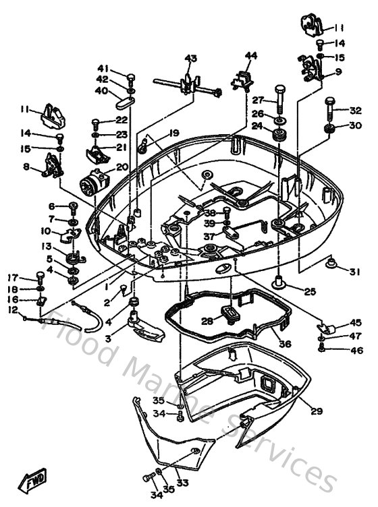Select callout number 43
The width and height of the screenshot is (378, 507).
[190, 59]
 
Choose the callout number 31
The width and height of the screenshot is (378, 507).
[354, 272]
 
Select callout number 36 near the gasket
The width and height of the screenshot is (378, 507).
[285, 343]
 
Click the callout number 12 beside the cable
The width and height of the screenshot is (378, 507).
[12, 309]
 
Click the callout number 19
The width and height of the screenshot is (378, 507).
[173, 133]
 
